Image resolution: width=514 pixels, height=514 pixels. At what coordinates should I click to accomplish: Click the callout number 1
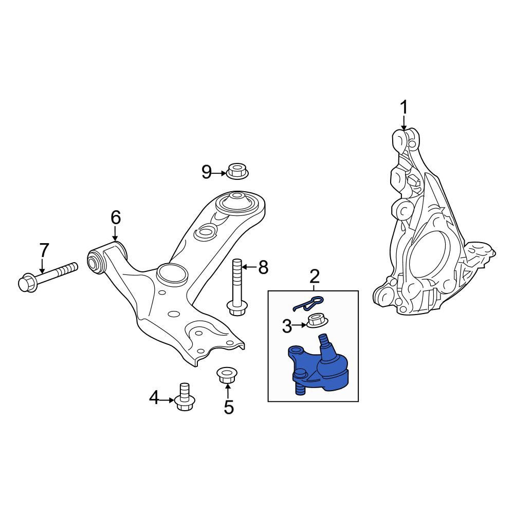(x=404, y=108)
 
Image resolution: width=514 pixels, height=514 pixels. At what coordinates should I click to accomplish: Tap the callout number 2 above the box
(x=314, y=278)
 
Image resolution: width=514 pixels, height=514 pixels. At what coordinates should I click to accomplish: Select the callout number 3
(x=287, y=326)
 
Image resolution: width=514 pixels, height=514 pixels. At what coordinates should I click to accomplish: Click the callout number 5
(x=229, y=408)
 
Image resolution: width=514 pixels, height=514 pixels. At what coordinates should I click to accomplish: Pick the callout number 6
(x=116, y=217)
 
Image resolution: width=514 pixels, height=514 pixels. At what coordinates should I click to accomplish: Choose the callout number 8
(x=263, y=267)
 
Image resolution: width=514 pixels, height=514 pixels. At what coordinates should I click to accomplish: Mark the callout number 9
(x=207, y=172)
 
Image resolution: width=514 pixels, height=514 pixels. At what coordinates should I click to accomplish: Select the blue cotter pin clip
(x=308, y=304)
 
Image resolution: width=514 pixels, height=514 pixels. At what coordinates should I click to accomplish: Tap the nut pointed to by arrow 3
(x=316, y=321)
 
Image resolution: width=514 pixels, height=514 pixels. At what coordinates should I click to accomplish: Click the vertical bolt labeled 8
(x=237, y=287)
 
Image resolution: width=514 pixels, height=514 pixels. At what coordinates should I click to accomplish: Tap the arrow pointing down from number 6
(x=115, y=234)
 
